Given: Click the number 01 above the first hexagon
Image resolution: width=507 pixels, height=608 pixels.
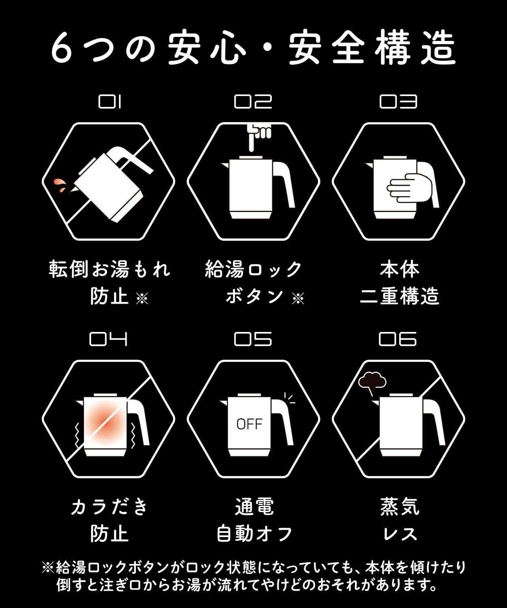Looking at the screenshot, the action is pyautogui.click(x=110, y=102).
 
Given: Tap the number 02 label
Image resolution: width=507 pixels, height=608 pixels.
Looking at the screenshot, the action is pyautogui.click(x=253, y=102).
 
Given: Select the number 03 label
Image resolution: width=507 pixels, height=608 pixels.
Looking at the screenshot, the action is pyautogui.click(x=398, y=102).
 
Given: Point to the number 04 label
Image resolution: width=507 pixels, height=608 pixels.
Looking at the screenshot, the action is pyautogui.click(x=108, y=339).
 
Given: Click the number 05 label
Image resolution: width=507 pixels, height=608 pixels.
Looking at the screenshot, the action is pyautogui.click(x=253, y=339).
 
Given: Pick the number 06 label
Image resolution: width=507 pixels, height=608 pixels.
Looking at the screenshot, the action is pyautogui.click(x=398, y=339).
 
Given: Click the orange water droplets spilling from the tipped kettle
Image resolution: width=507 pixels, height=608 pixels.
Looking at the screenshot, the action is pyautogui.click(x=60, y=185).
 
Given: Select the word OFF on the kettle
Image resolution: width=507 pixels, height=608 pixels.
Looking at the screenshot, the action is pyautogui.click(x=249, y=424).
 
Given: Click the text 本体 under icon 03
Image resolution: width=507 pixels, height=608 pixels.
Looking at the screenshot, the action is pyautogui.click(x=400, y=270).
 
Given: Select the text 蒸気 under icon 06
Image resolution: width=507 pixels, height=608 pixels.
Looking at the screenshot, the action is pyautogui.click(x=400, y=507).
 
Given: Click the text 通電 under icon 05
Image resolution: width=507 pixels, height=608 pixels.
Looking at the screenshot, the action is pyautogui.click(x=254, y=507).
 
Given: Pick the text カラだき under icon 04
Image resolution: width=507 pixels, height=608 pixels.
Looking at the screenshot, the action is pyautogui.click(x=109, y=507).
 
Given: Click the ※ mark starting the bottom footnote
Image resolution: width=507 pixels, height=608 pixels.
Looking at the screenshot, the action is pyautogui.click(x=47, y=568).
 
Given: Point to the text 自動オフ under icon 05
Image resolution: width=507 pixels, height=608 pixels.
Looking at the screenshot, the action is pyautogui.click(x=254, y=534).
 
